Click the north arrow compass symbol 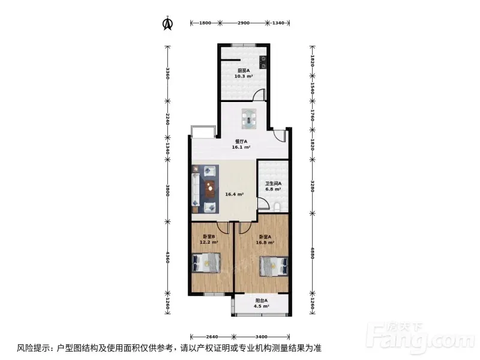pos(167,23)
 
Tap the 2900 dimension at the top pos(244,23)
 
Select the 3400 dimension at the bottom pos(261,337)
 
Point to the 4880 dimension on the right pos(312,253)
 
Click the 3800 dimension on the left pos(167,190)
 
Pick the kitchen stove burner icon pos(263,62)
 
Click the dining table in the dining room pos(249,118)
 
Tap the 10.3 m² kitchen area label pos(244,76)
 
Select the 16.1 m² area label pos(241,147)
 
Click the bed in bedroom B pos(206,263)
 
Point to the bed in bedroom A pos(274,266)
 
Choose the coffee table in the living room pos(210,189)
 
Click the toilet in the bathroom pos(277,207)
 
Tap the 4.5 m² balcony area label pos(262,306)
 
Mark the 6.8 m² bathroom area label pos(273,189)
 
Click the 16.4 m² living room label pos(235,194)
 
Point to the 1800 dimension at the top pos(205,23)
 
